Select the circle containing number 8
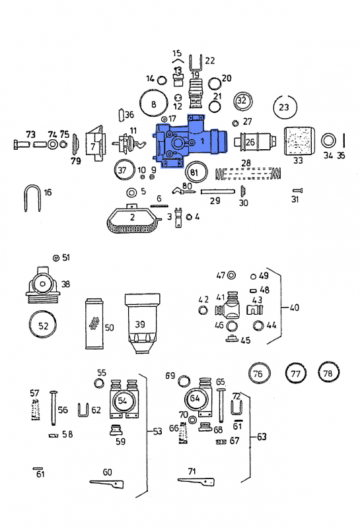(x=154, y=104)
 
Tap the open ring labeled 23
(x=284, y=107)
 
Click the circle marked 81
(x=194, y=172)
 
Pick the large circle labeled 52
(x=43, y=326)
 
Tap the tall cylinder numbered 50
(x=95, y=325)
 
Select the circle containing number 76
(x=258, y=374)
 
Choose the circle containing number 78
(x=328, y=373)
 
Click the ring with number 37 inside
(x=122, y=170)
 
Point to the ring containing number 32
(x=242, y=101)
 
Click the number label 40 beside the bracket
(x=294, y=308)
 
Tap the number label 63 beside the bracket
(x=262, y=437)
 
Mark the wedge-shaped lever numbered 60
(x=105, y=484)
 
